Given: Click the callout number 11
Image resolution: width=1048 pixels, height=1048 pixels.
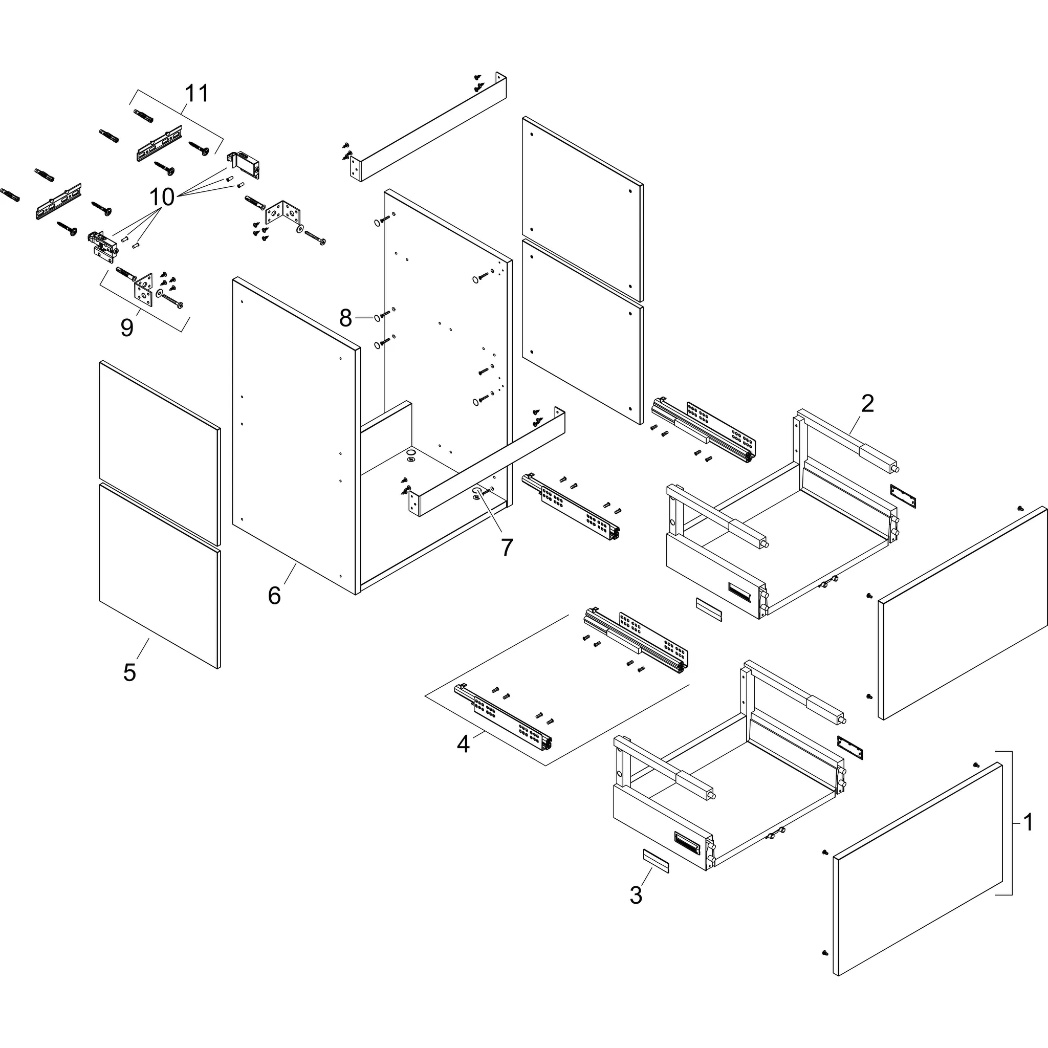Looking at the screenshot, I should [x=197, y=93].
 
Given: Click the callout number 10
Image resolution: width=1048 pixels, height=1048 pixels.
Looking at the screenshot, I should [x=162, y=197].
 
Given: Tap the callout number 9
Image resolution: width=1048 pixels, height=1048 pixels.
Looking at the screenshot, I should [x=126, y=328].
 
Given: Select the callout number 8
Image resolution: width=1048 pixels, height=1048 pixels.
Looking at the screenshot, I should [x=345, y=318].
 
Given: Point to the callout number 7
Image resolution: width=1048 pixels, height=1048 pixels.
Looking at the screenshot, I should [x=507, y=548].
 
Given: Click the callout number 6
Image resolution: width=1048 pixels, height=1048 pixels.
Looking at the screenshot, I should [x=274, y=596].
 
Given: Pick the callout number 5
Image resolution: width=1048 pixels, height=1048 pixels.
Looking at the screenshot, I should [x=129, y=672].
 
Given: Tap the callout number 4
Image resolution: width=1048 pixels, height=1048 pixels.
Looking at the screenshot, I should [x=463, y=744].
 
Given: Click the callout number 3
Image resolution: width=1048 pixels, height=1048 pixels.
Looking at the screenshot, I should [x=636, y=895].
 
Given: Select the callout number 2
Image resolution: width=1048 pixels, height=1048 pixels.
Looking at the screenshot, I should [x=867, y=404].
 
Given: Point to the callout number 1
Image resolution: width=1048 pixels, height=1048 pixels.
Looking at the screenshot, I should [x=1028, y=822].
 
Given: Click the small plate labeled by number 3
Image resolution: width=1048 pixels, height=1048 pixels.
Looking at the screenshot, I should [x=656, y=861].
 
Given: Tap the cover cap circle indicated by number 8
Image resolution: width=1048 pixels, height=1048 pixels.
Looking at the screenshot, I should [x=376, y=317].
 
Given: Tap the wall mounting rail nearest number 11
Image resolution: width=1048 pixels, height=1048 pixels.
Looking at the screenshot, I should [x=159, y=143].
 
